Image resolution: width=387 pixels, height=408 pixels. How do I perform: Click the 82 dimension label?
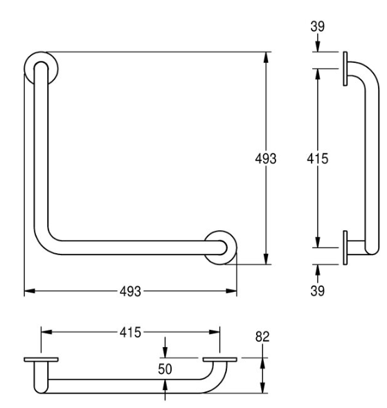[262, 337]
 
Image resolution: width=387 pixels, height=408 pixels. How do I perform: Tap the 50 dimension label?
[165, 369]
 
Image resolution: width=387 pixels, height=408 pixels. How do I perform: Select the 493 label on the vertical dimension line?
[266, 158]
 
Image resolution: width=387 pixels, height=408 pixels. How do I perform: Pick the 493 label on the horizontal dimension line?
[130, 291]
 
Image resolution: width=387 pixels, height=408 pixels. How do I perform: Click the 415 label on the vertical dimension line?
[318, 158]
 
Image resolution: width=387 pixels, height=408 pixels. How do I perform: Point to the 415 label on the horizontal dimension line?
[130, 333]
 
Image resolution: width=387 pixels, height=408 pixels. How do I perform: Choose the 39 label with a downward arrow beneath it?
[318, 26]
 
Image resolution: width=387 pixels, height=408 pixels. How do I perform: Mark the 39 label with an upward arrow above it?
[318, 290]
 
